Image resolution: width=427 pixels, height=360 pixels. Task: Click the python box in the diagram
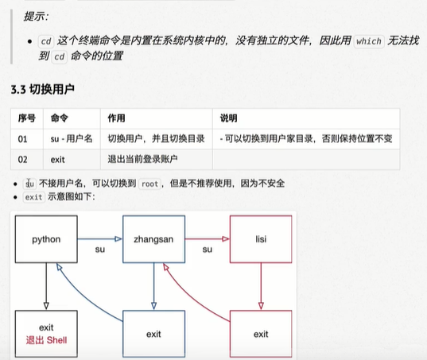tap(46, 239)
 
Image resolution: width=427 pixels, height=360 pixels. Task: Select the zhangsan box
tap(153, 239)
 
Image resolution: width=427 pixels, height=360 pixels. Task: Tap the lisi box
tap(261, 239)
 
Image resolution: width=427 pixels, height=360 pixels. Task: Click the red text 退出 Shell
tap(46, 340)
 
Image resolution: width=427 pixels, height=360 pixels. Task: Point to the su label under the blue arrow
tap(100, 250)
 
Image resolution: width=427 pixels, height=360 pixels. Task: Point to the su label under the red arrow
tap(208, 250)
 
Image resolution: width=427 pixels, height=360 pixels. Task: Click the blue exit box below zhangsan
tap(153, 334)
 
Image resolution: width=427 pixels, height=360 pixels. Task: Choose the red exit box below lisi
tap(261, 334)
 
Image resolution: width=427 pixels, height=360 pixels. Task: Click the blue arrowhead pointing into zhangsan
tap(118, 239)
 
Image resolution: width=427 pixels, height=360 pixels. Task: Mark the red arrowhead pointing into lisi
tap(226, 239)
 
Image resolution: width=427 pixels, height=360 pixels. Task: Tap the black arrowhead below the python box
tap(46, 306)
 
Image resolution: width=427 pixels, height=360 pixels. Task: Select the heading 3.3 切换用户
tap(43, 89)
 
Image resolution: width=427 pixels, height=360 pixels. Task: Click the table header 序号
tap(27, 118)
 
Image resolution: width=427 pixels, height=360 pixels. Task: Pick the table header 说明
tap(228, 118)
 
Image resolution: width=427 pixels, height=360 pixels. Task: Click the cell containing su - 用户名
tap(72, 139)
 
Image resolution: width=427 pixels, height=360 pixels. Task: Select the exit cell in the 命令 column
tap(72, 160)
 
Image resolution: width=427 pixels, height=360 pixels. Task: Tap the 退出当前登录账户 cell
tap(157, 160)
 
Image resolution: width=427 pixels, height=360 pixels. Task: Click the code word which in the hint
tap(369, 41)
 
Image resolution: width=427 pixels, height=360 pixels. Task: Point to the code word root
tap(149, 184)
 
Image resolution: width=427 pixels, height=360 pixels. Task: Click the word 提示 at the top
tap(33, 17)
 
